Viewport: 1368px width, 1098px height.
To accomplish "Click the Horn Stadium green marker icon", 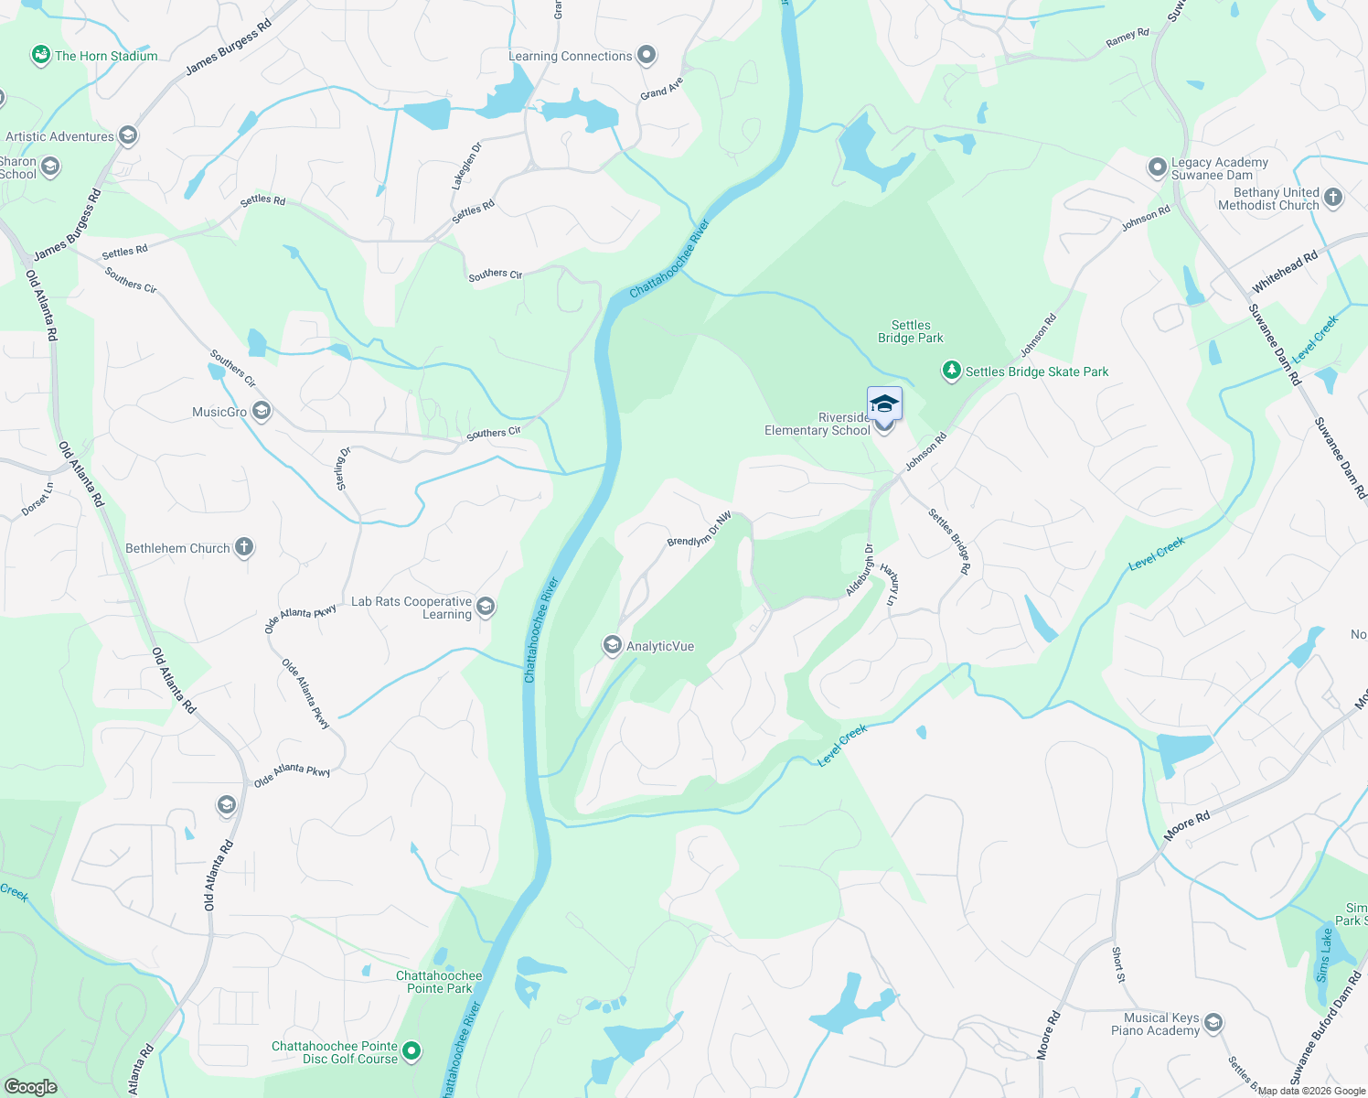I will click(41, 56).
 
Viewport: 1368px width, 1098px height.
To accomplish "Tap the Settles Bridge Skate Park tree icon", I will click(952, 371).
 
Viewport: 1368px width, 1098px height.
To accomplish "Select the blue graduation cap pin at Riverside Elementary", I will click(884, 404).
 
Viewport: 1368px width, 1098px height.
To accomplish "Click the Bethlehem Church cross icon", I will click(243, 547).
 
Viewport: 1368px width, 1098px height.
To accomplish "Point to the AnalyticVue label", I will click(660, 646).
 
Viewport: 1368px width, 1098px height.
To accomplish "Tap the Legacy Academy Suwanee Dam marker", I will click(1158, 167).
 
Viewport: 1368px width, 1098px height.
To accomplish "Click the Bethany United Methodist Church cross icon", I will click(1332, 198).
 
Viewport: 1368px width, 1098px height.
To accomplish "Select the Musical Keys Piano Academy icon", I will click(1213, 1022).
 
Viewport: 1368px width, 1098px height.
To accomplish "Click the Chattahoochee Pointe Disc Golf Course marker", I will click(411, 1051).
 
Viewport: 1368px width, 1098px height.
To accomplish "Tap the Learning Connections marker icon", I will click(647, 55).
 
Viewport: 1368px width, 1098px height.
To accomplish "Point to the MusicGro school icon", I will click(262, 411).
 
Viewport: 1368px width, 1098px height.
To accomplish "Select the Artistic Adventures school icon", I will click(128, 135).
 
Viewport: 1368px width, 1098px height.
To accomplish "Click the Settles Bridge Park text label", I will click(910, 331).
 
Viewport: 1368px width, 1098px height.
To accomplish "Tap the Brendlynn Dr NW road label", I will click(700, 529).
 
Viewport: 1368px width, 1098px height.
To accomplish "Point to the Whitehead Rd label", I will click(1285, 271).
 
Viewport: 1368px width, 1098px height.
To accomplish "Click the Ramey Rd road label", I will click(1127, 38).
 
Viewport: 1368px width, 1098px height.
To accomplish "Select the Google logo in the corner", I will click(30, 1086).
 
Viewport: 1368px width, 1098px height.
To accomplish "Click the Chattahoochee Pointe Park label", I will click(439, 982).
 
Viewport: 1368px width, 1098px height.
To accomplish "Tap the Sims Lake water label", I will click(1323, 955).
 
